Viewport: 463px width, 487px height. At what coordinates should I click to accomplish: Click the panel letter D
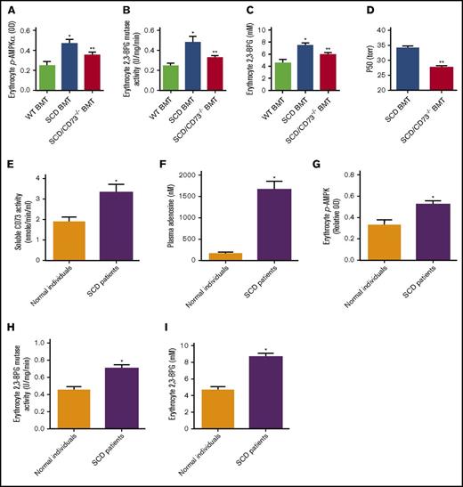[353, 12]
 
